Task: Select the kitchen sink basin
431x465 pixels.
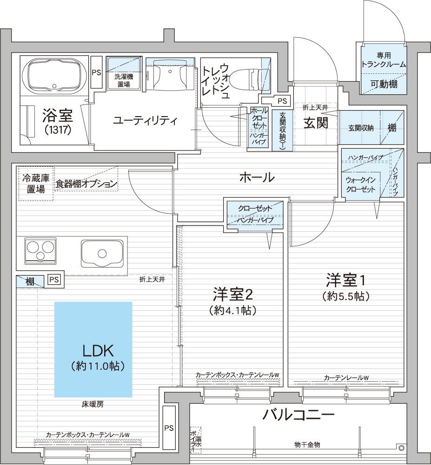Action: [x=102, y=254]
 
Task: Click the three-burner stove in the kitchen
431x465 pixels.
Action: [x=40, y=250]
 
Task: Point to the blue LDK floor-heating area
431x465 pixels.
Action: [x=93, y=349]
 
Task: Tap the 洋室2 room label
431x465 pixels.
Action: [x=233, y=294]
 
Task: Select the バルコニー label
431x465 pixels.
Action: [x=298, y=414]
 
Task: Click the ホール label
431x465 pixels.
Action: [x=257, y=177]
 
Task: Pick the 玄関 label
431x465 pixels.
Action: [x=316, y=123]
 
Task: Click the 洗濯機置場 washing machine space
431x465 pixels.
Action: [x=124, y=72]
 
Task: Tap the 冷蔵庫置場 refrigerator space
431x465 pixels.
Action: [x=36, y=183]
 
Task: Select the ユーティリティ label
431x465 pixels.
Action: [x=146, y=121]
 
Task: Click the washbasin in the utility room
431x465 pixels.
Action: [x=170, y=74]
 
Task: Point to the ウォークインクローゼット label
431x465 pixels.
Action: [x=361, y=184]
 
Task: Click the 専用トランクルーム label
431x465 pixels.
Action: [x=384, y=60]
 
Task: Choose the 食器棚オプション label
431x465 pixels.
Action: [x=86, y=184]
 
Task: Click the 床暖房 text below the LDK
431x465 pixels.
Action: [x=93, y=404]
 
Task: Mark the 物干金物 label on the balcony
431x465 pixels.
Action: [x=307, y=445]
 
